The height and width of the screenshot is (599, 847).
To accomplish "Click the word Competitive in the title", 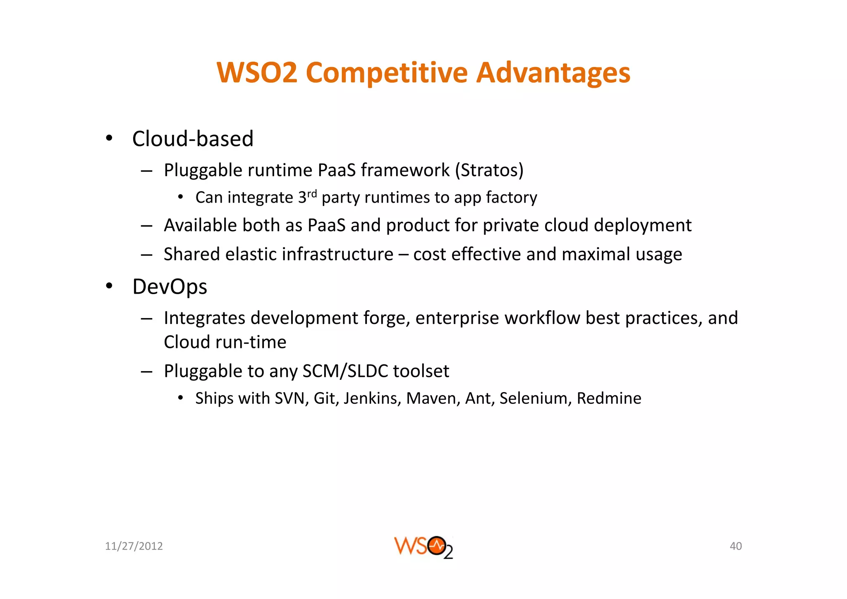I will click(387, 73).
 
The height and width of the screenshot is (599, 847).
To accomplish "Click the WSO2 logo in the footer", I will click(423, 547).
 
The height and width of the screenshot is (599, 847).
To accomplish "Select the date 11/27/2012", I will click(134, 546).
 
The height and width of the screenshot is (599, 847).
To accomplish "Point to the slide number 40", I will click(735, 546).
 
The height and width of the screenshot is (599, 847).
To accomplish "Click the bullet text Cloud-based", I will click(193, 139).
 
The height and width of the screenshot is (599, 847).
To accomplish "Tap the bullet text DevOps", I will click(170, 287).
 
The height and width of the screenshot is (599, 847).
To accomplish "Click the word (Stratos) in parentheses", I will click(489, 170).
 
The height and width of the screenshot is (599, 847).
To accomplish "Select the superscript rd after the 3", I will click(312, 194).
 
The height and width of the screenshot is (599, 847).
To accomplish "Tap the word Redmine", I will click(609, 398).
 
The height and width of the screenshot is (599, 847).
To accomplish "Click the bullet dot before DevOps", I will click(109, 286).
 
